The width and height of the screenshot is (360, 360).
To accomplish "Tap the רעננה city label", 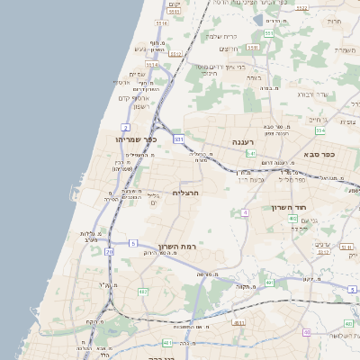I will tap(244, 142).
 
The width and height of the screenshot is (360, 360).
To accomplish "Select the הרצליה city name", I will tap(184, 193).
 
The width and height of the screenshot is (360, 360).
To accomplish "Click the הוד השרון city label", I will tap(289, 207).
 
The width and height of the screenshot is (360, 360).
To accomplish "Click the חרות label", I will tap(335, 20).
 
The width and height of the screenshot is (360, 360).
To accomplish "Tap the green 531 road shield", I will tap(179, 139).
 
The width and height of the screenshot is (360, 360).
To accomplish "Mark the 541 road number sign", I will tap(252, 154).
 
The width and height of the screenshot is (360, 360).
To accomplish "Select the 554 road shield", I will tap(319, 130).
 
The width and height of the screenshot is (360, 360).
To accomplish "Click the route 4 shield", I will tap(244, 212).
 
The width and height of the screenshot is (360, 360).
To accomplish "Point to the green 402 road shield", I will tap(293, 218).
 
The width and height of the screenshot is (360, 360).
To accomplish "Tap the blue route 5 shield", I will tap(132, 243).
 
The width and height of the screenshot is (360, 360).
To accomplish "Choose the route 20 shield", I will tap(110, 253).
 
